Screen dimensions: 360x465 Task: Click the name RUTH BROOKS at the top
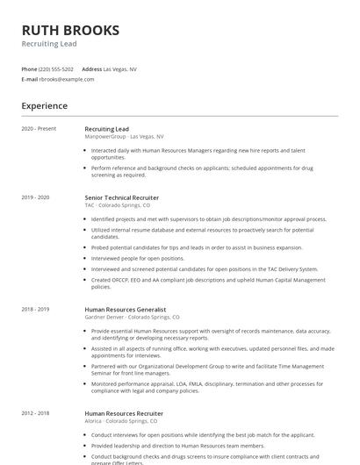(70, 31)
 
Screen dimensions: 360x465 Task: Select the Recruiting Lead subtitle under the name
(49, 44)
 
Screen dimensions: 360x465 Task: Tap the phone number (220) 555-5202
(57, 68)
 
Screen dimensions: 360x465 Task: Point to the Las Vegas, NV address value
(120, 68)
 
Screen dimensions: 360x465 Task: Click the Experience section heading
(44, 106)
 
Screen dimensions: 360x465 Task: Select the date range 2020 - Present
(39, 129)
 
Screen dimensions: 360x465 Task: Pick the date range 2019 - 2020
(36, 197)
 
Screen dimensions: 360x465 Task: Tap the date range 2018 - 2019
(36, 309)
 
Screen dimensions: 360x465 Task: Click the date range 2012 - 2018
(36, 412)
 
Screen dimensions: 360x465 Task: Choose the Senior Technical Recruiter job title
(122, 197)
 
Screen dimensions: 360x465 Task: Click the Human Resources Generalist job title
(126, 309)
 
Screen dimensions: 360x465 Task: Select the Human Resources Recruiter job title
(124, 412)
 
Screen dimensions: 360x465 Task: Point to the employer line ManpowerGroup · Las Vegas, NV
(124, 137)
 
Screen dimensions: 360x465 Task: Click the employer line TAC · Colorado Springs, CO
(117, 205)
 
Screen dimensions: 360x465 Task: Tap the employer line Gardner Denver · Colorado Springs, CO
(132, 317)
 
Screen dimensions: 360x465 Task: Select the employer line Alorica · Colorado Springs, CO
(123, 420)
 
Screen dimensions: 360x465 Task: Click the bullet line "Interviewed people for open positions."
(138, 259)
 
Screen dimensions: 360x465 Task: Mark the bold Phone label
(29, 68)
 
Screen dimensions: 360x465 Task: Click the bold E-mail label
(30, 79)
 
